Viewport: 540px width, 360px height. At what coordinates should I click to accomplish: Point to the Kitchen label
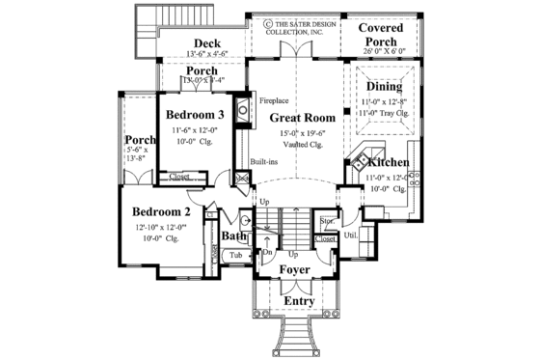[x=389, y=164]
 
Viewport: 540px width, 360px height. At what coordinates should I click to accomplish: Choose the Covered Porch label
[x=387, y=36]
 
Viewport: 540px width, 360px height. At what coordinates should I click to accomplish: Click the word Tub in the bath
[x=235, y=256]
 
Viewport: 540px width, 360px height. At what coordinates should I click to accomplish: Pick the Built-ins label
[x=265, y=163]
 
